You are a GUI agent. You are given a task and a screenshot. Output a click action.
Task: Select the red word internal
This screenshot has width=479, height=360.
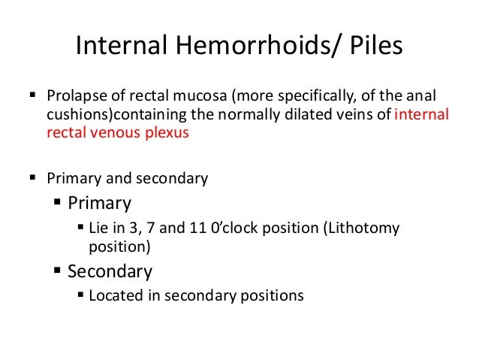(x=421, y=116)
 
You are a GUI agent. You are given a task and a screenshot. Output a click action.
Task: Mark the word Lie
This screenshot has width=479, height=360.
(x=99, y=228)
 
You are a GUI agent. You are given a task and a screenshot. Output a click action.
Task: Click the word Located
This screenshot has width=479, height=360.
(x=114, y=295)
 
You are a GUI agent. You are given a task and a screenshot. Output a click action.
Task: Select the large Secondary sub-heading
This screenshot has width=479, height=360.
(x=110, y=271)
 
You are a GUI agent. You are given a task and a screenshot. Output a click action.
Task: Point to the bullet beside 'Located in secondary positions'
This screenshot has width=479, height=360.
(x=81, y=295)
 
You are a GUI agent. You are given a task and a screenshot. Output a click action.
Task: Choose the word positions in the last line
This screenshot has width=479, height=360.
(x=273, y=295)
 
